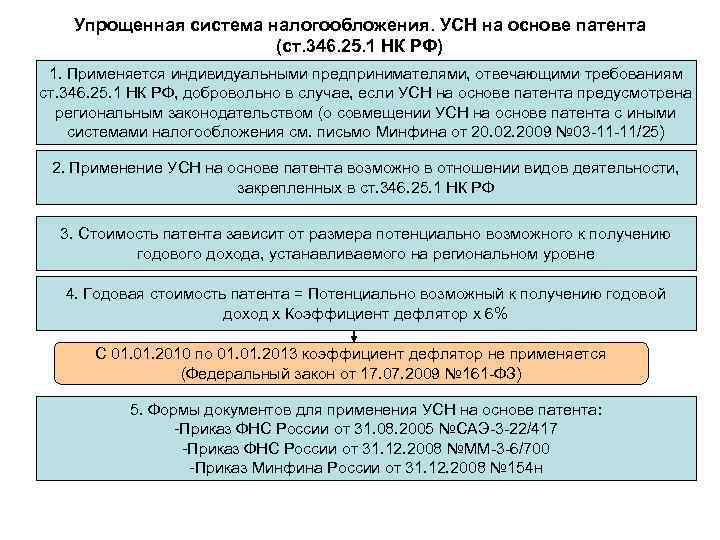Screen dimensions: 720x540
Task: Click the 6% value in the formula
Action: click(x=494, y=313)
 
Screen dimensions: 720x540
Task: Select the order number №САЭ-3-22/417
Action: click(x=495, y=429)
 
